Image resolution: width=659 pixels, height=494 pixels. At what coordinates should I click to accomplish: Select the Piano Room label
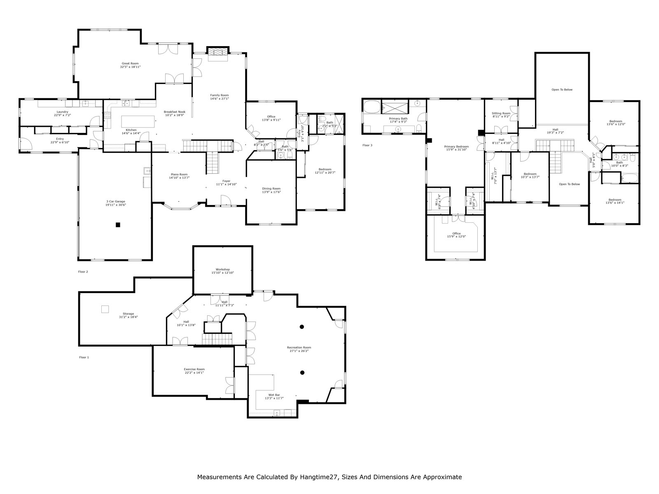pos(178,174)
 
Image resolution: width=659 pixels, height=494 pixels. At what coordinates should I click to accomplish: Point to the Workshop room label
pos(223,269)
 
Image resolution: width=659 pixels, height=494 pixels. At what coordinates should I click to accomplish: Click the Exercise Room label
pos(194,369)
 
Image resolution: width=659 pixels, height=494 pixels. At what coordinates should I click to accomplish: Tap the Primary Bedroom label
pos(456,147)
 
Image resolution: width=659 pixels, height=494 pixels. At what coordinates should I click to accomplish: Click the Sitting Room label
pos(501,113)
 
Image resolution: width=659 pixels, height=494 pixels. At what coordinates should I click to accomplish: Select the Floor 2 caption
pos(83,272)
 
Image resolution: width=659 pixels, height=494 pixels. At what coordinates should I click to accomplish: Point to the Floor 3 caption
pos(367,145)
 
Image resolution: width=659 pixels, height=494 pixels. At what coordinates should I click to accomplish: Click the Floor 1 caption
pos(84,357)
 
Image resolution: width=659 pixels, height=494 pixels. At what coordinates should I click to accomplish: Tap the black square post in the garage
pos(118,225)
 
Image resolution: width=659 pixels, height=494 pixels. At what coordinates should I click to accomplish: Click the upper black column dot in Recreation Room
pos(302,326)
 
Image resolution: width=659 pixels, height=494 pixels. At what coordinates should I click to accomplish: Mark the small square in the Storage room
pos(105,308)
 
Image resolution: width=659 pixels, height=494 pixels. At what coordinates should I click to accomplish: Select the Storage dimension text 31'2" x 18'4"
pos(128,317)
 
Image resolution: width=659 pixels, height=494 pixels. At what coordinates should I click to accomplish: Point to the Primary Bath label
pos(398,119)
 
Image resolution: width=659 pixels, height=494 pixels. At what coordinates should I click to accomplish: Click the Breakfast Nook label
pos(175,112)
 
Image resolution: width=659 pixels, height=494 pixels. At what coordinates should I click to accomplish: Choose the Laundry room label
pos(62,112)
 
